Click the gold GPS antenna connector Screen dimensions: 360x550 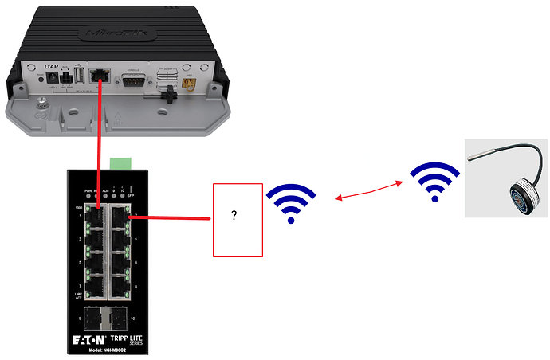(x=190, y=82)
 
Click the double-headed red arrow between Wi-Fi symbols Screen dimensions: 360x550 (x=366, y=191)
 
